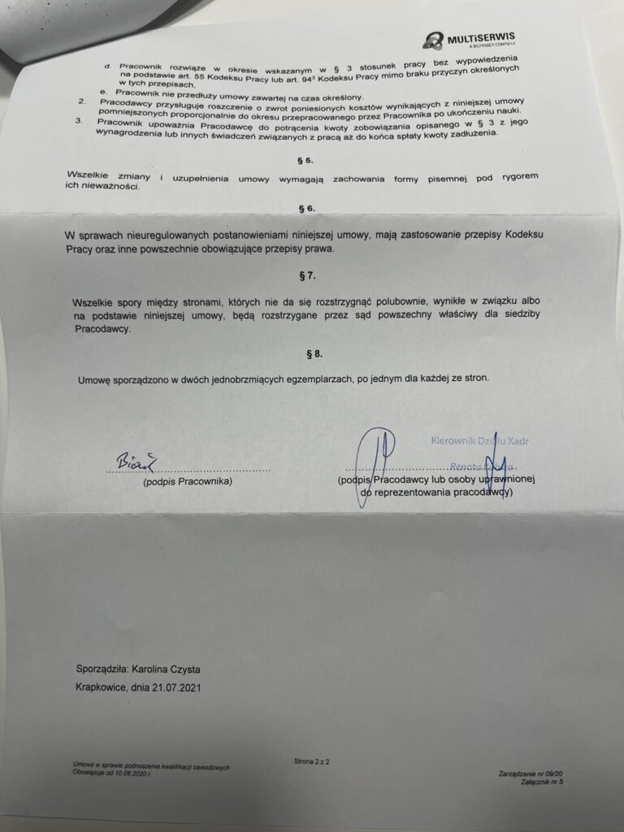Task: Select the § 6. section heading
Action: coord(306,209)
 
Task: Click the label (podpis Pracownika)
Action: coord(188,482)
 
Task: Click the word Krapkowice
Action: coord(102,687)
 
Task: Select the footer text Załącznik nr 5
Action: coord(542,782)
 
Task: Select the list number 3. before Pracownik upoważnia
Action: coord(78,120)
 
